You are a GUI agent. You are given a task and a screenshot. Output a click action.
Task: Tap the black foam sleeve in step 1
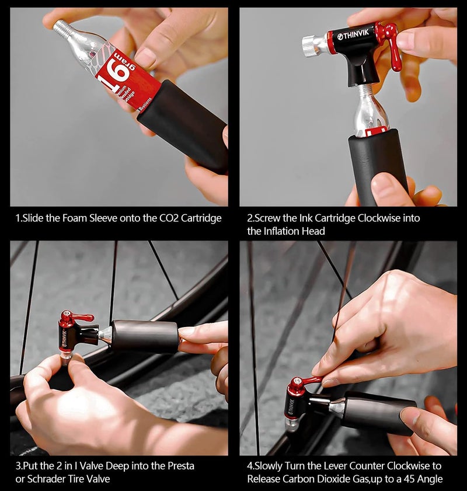(184, 126)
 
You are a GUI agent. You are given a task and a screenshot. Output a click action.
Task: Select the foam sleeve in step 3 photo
(146, 336)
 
